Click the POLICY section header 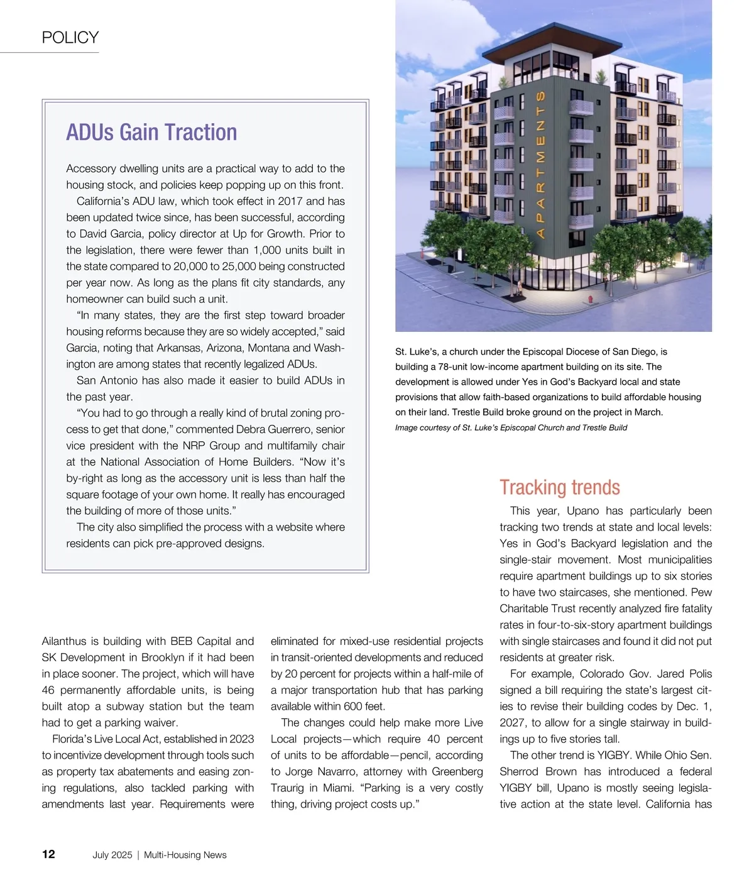pyautogui.click(x=70, y=38)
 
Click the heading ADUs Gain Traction pyautogui.click(x=151, y=133)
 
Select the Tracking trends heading pyautogui.click(x=559, y=488)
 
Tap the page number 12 pyautogui.click(x=48, y=854)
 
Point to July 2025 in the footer pyautogui.click(x=112, y=855)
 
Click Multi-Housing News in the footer pyautogui.click(x=185, y=855)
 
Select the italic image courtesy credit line pyautogui.click(x=511, y=428)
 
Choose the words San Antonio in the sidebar pyautogui.click(x=107, y=381)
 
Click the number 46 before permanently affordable pyautogui.click(x=50, y=690)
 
